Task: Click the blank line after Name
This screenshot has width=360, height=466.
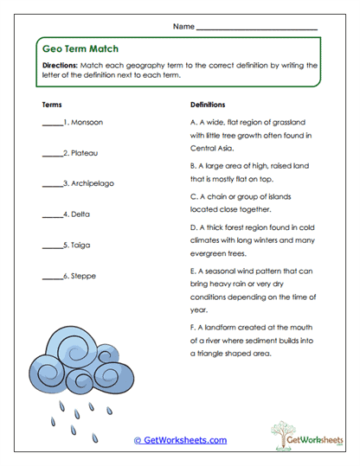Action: pyautogui.click(x=257, y=29)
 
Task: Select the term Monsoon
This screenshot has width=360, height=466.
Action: pyautogui.click(x=86, y=123)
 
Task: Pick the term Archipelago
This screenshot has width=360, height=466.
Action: pyautogui.click(x=92, y=183)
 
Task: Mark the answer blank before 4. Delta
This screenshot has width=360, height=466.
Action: pyautogui.click(x=51, y=215)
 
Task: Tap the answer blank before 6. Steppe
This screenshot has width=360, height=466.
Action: pyautogui.click(x=51, y=278)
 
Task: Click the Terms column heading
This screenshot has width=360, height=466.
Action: pyautogui.click(x=51, y=104)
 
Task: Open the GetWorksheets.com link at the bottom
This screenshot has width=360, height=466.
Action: pyautogui.click(x=180, y=440)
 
